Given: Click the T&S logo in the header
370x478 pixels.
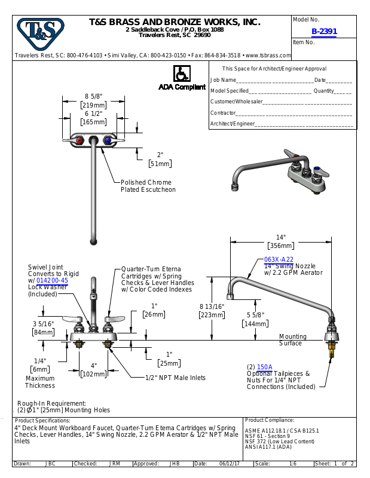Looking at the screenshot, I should [x=40, y=34].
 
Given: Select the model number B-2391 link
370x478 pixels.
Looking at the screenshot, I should [x=324, y=32].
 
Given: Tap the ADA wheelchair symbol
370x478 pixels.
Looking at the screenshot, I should [x=180, y=74].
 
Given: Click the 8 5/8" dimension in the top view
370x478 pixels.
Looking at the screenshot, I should [x=94, y=96].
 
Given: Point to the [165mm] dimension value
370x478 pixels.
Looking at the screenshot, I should [x=94, y=122].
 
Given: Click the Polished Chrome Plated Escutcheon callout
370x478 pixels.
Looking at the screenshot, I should [x=148, y=186].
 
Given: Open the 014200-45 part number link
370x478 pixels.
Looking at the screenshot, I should [x=52, y=280].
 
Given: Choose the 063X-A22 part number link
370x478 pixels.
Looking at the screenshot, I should [x=279, y=259].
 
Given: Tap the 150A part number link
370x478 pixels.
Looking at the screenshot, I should [x=264, y=367].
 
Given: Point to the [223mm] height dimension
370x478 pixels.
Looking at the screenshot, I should [x=212, y=315].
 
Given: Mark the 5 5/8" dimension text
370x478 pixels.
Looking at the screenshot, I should [x=255, y=314].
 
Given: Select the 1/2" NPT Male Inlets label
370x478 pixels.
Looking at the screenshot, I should [x=175, y=378].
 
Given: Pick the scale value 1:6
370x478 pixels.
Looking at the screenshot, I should [x=292, y=463].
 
